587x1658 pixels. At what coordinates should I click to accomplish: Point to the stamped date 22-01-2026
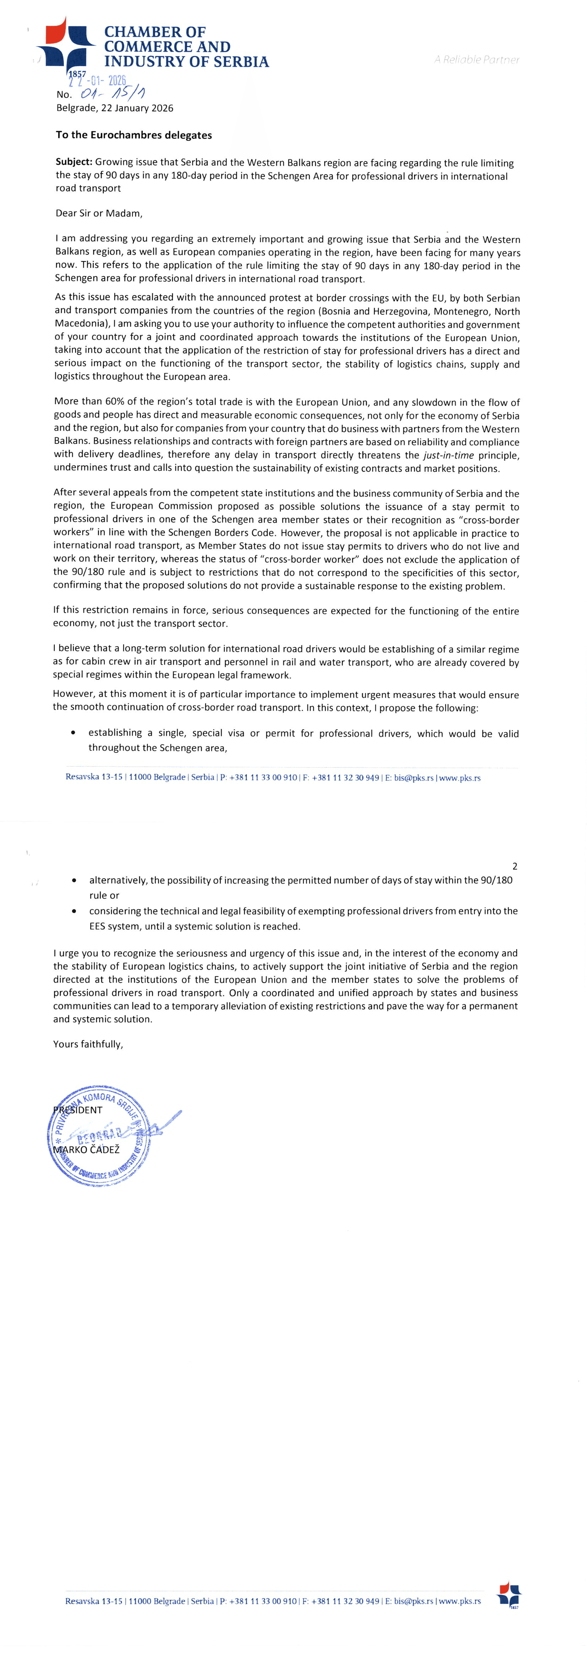(98, 81)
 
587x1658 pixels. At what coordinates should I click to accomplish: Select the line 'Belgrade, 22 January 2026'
(115, 108)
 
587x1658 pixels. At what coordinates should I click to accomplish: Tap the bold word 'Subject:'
(74, 163)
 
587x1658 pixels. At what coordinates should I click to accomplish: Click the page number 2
(514, 866)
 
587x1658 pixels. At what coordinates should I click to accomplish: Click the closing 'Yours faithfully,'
(88, 1044)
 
